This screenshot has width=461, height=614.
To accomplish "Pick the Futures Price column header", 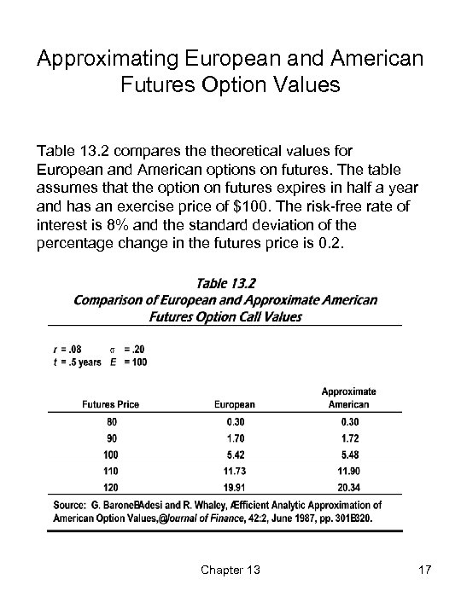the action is coord(111,404).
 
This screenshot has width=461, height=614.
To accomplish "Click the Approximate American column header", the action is coord(348,397).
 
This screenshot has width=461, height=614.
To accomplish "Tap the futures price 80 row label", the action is coord(112,422).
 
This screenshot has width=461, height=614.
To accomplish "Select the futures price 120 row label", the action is coord(112,490).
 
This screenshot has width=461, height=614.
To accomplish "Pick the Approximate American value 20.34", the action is coord(349,490).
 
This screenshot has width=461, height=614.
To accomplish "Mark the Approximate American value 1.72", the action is coord(349,439).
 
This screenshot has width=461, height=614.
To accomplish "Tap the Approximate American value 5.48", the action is coord(349,456).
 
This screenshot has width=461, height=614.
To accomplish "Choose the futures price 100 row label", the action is coord(112,456).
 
